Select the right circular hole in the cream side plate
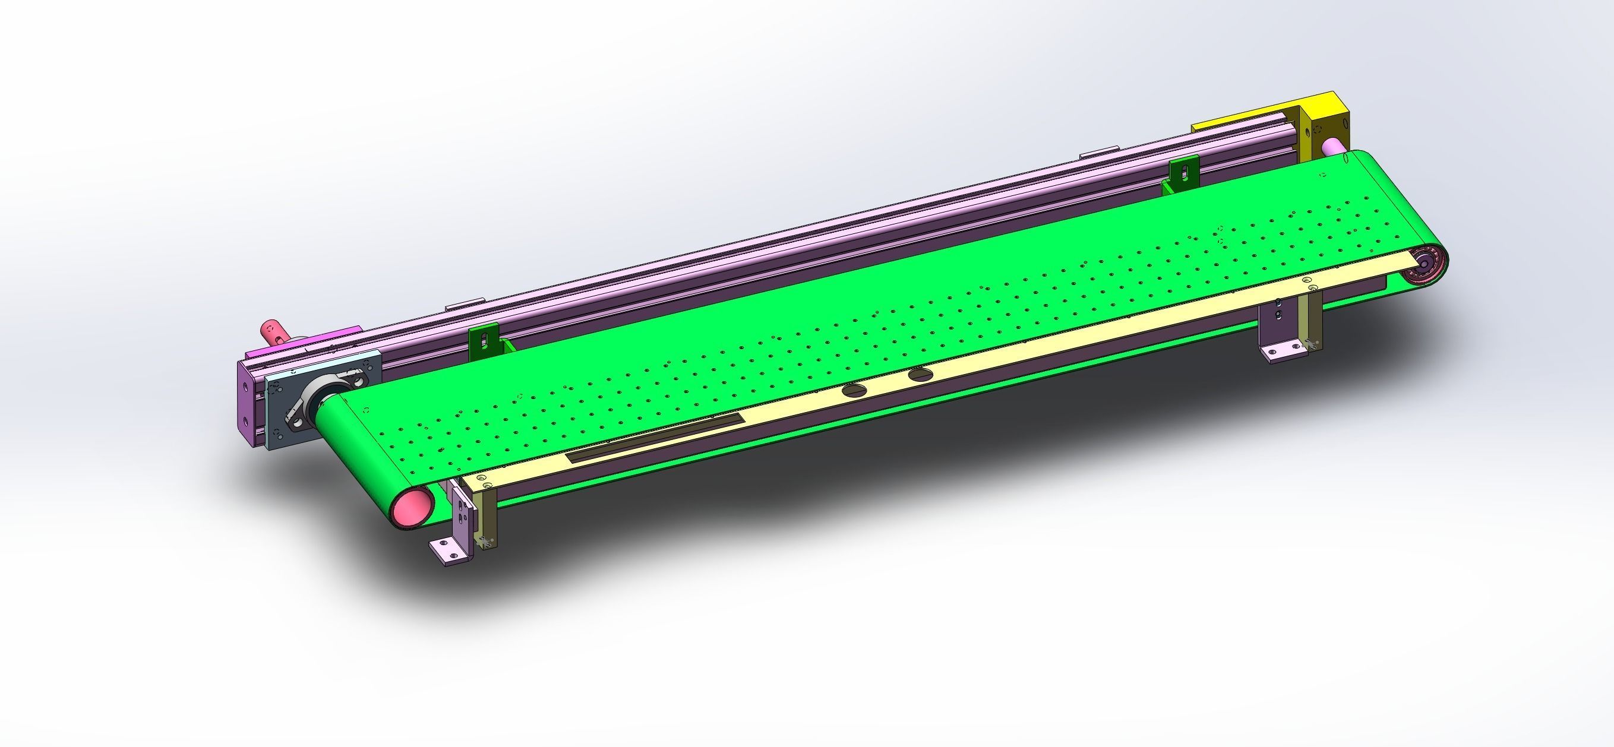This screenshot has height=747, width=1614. point(920,375)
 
